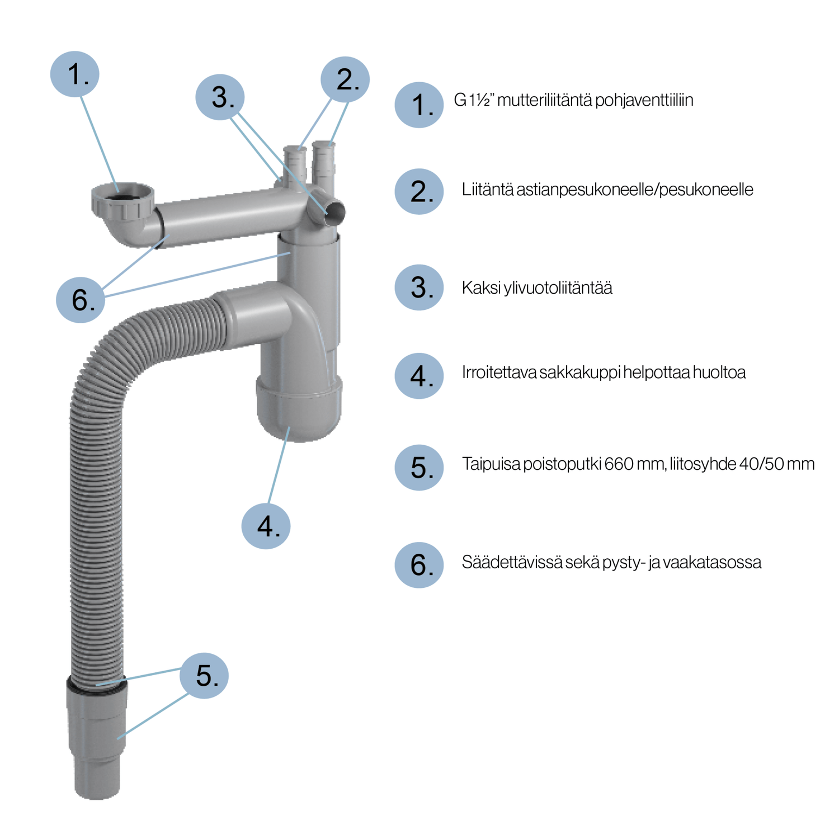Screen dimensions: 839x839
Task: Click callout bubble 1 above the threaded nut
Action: click(x=74, y=74)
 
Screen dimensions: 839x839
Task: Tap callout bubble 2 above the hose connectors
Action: click(x=345, y=79)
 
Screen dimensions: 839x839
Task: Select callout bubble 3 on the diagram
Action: click(x=220, y=97)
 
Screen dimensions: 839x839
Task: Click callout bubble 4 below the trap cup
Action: click(x=266, y=526)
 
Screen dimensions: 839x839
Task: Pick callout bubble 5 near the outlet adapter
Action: click(x=204, y=675)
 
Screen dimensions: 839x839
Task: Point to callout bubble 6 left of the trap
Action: click(x=81, y=299)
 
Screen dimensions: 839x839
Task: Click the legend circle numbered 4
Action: click(x=419, y=376)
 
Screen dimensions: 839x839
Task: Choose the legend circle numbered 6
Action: click(x=419, y=564)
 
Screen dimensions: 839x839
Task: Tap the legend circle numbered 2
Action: click(x=419, y=191)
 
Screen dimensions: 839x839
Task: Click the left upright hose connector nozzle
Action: click(x=295, y=165)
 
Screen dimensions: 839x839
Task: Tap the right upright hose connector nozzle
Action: click(x=323, y=162)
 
